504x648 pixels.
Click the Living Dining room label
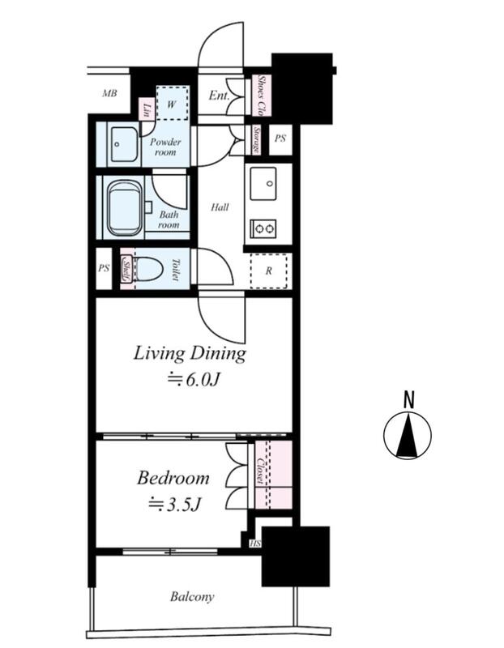[190, 354]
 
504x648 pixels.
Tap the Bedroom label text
[173, 478]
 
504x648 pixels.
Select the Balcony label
[192, 597]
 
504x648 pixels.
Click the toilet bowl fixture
[149, 269]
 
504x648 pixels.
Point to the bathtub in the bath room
[125, 208]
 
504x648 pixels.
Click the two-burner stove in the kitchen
[263, 228]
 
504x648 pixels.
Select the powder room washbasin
[123, 145]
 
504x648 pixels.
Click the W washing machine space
[173, 104]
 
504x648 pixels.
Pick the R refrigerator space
[269, 271]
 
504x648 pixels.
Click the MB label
[109, 93]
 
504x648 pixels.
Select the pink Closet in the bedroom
[273, 475]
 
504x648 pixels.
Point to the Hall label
[220, 207]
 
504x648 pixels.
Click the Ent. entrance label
[219, 96]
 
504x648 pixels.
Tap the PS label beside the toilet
[104, 268]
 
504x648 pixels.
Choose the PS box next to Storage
[280, 139]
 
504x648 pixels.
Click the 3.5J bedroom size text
[175, 504]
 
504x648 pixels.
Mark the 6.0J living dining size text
[192, 379]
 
